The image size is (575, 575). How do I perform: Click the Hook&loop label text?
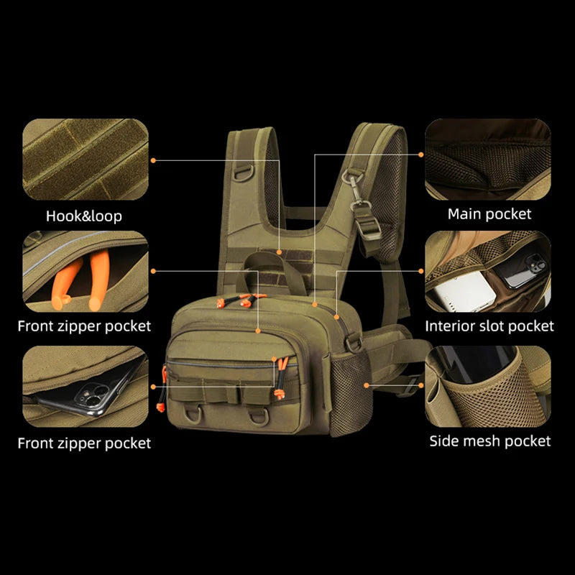pyautogui.click(x=84, y=216)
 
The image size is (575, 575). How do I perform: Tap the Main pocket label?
pyautogui.click(x=489, y=213)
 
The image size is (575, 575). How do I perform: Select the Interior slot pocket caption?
pyautogui.click(x=489, y=326)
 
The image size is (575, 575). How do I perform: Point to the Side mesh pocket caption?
pyautogui.click(x=490, y=441)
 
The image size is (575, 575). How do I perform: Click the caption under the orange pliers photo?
pyautogui.click(x=84, y=326)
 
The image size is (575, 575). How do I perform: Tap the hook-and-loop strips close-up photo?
pyautogui.click(x=85, y=159)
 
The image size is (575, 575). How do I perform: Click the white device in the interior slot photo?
pyautogui.click(x=468, y=291)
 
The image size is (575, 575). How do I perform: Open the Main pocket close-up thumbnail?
pyautogui.click(x=488, y=159)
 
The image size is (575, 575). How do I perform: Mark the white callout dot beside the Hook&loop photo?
pyautogui.click(x=154, y=160)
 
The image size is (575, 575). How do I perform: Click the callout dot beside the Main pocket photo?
pyautogui.click(x=421, y=154)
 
